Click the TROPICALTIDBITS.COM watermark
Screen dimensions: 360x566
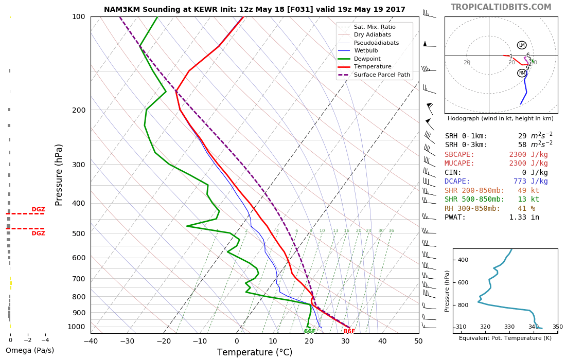501,7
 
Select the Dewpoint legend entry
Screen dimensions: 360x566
367,59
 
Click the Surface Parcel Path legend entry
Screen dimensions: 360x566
382,75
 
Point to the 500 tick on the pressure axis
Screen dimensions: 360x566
78,233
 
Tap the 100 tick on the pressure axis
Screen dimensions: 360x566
78,17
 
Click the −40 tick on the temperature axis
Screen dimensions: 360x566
91,340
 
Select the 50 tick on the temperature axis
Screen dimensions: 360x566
418,340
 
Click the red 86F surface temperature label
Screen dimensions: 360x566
349,331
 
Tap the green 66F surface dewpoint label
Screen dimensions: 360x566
310,331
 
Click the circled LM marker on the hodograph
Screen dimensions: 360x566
522,45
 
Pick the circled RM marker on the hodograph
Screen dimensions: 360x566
522,73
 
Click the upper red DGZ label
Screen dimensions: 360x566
38,209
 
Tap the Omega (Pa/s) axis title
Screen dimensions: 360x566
29,350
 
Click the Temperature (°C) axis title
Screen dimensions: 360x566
255,352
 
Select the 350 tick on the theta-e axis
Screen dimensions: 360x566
557,327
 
